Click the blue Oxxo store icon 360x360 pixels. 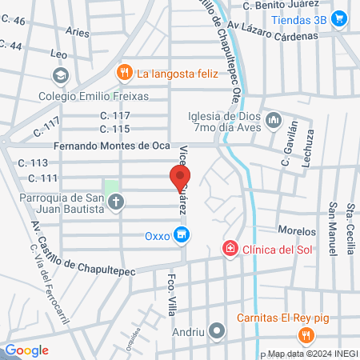coord(182,235)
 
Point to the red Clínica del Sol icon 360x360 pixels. coord(230,249)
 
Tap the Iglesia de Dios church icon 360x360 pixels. coord(274,120)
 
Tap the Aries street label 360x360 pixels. coord(78,33)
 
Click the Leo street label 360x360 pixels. coord(58,54)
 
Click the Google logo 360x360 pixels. coord(26,350)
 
